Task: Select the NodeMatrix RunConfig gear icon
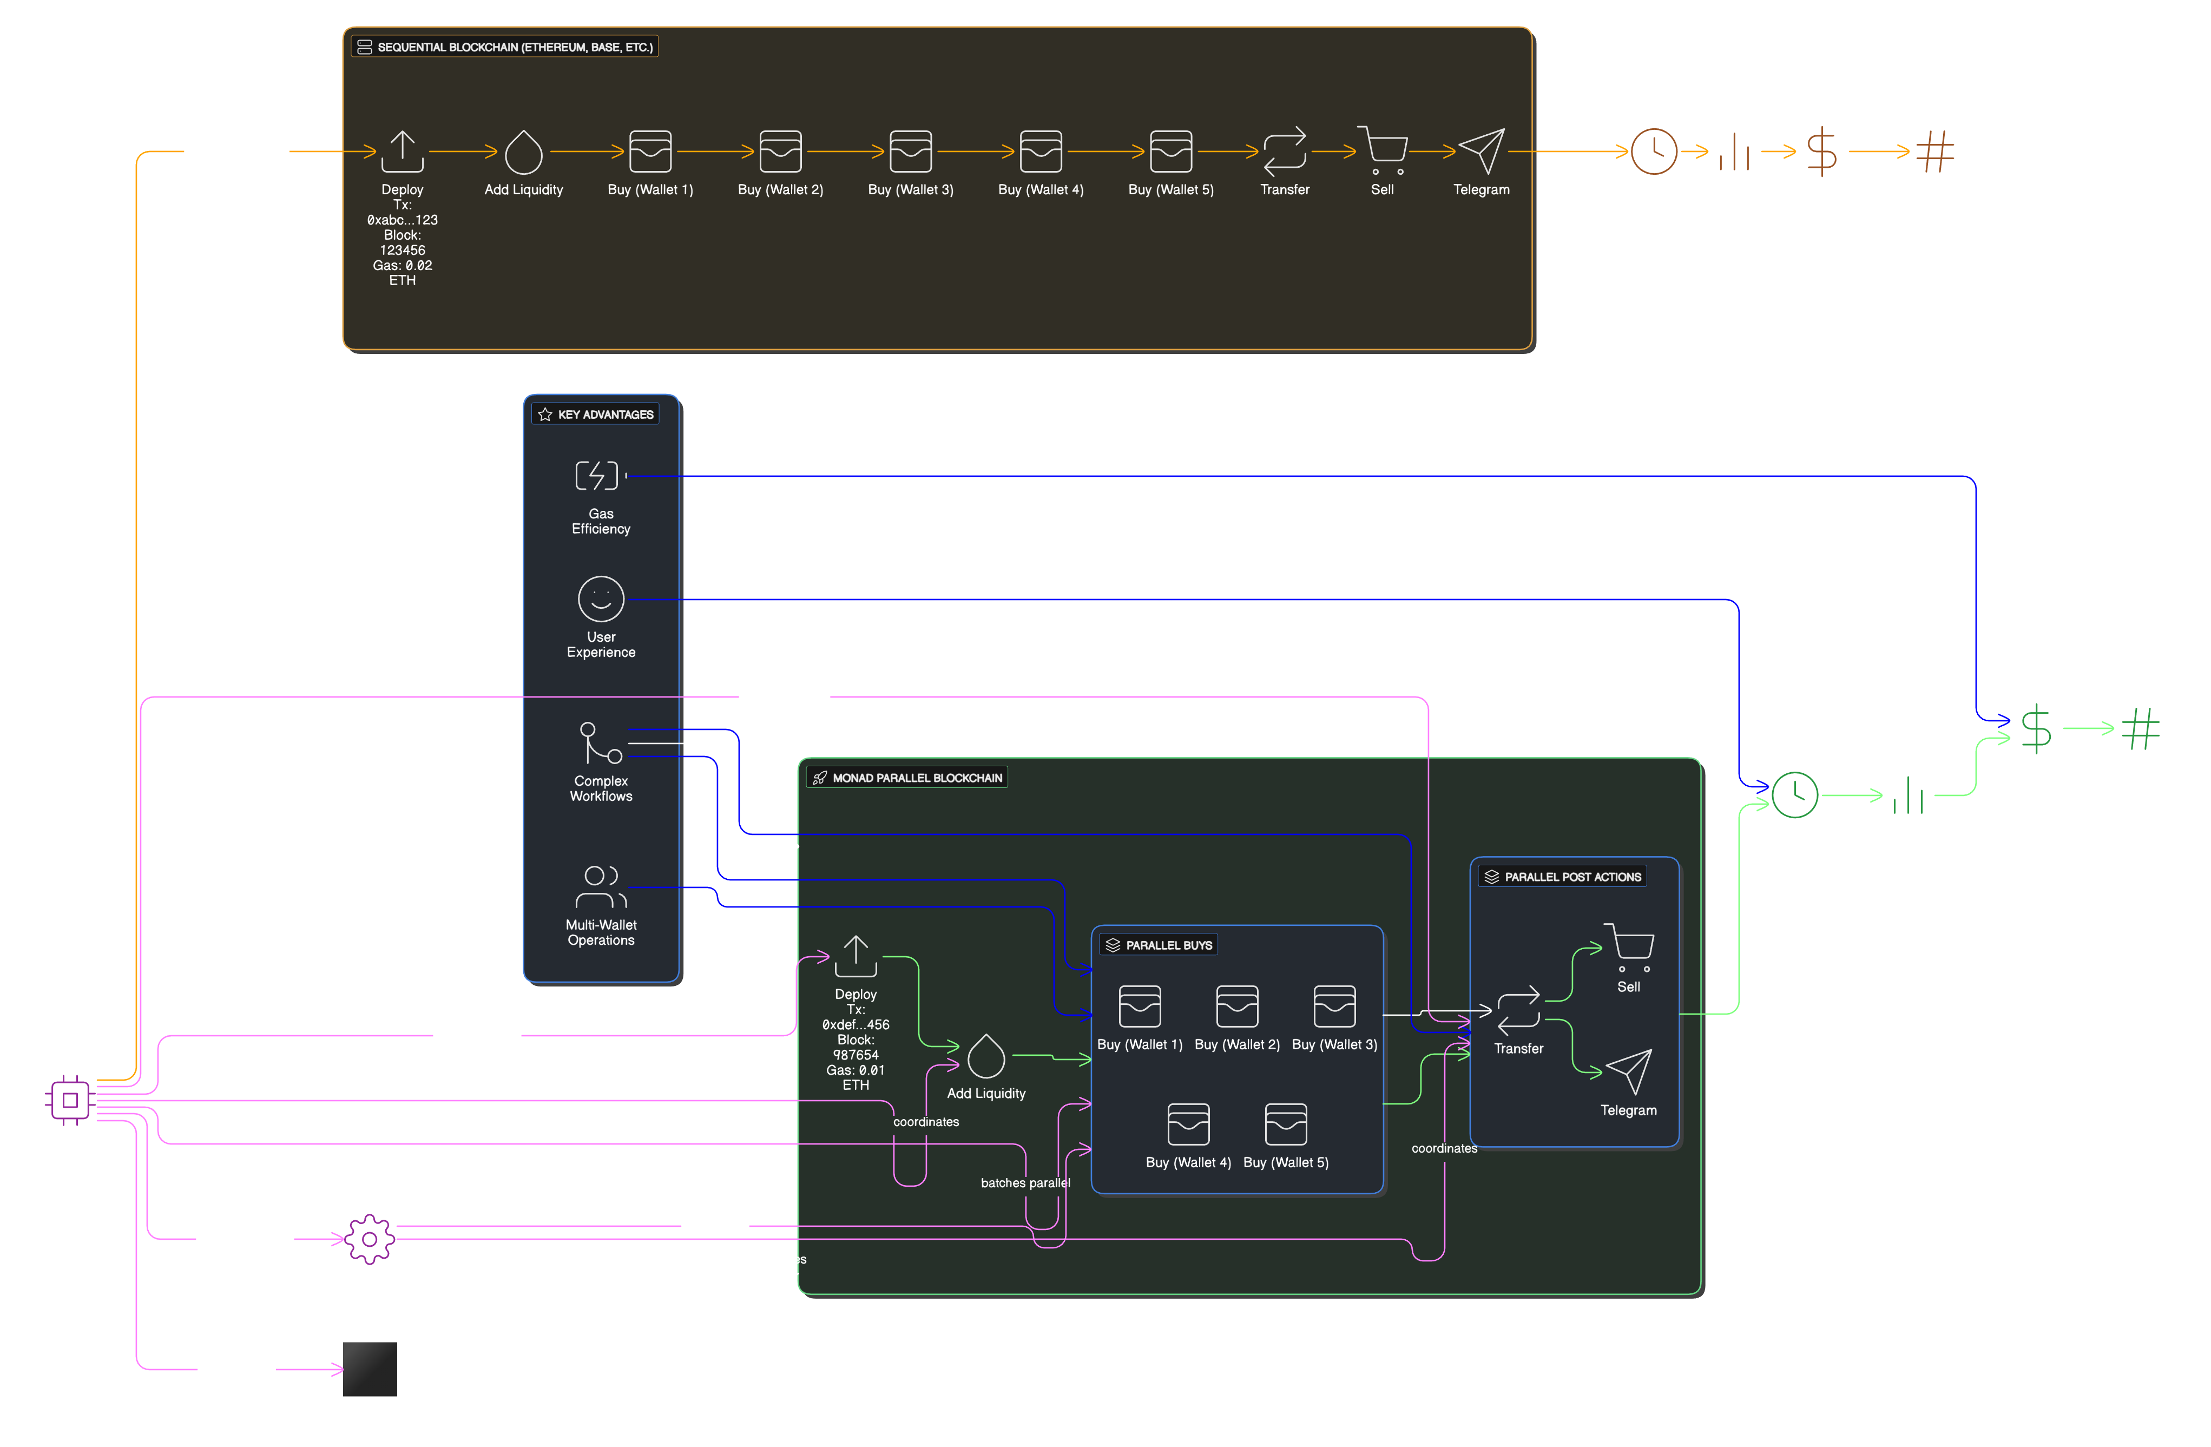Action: [370, 1239]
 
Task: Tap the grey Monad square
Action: [370, 1368]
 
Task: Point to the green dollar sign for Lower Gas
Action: [2036, 728]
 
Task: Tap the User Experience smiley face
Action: [601, 599]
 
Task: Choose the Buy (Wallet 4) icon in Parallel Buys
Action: [1188, 1124]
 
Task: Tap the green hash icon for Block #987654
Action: [2140, 728]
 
